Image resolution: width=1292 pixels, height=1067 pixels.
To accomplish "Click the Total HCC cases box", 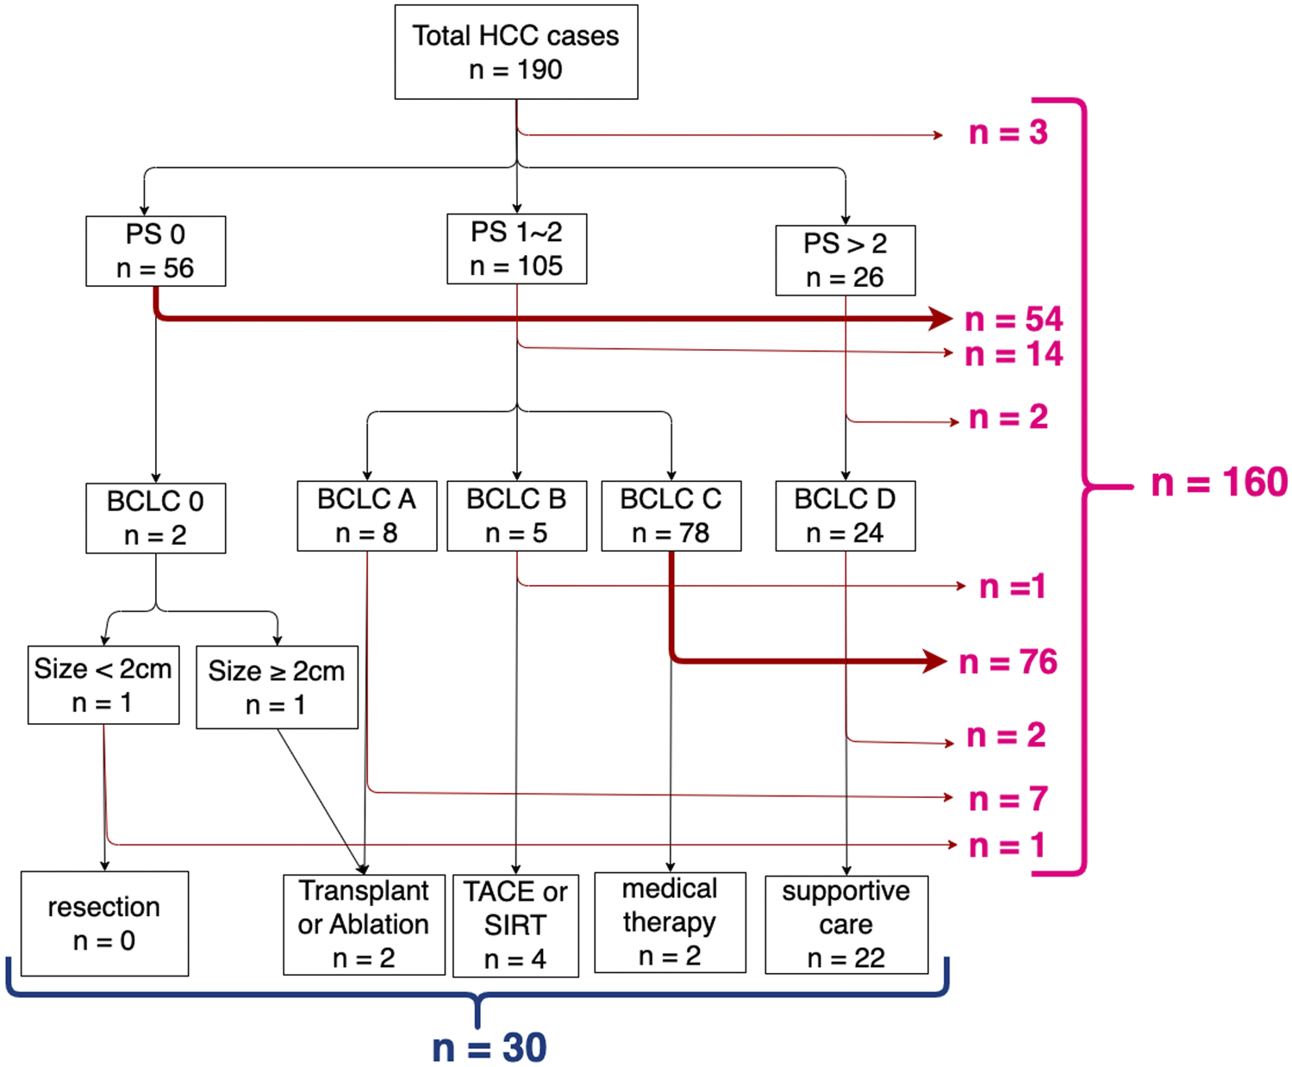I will click(515, 53).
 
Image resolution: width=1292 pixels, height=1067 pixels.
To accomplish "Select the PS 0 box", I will click(155, 251).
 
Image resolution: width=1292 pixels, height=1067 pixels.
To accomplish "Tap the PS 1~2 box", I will click(516, 249).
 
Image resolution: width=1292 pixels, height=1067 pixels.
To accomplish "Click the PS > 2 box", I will click(845, 260).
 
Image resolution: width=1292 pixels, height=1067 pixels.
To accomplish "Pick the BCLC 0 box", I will click(155, 518).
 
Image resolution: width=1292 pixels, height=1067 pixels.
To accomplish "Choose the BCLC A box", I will click(366, 515).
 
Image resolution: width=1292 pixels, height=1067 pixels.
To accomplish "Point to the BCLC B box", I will click(516, 515).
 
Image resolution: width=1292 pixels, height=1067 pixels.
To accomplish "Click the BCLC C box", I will click(671, 515).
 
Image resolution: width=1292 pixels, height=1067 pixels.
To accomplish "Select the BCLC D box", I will click(845, 515).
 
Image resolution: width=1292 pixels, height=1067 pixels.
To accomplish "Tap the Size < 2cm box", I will click(103, 685).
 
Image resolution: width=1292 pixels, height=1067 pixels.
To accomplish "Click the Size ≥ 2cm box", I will click(277, 687).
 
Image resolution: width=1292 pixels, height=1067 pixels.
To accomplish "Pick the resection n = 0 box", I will click(104, 923).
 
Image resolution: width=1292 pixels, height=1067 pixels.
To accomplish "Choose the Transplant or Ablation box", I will click(364, 925).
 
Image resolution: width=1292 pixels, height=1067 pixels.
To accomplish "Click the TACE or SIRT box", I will click(515, 926).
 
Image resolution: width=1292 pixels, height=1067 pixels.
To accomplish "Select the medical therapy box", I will click(670, 922).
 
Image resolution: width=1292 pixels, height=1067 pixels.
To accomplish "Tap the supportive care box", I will click(846, 925).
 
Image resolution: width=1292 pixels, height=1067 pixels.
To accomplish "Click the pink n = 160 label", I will click(1219, 483).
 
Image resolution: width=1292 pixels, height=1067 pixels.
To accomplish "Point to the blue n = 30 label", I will click(489, 1047).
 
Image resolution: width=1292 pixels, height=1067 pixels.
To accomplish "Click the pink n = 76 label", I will click(1008, 662).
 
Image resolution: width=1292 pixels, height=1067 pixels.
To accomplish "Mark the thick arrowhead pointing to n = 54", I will click(941, 319).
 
